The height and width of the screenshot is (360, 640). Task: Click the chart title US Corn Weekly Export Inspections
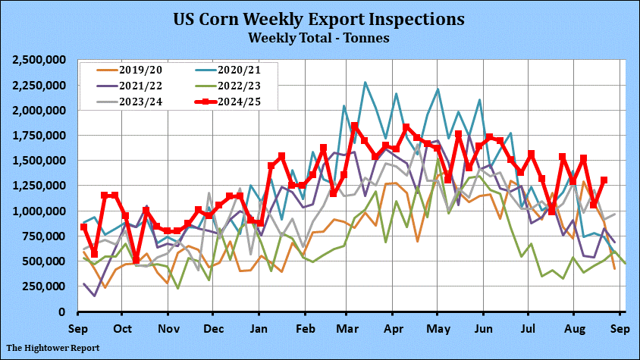point(319,18)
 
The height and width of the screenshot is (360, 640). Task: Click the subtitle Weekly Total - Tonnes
point(319,36)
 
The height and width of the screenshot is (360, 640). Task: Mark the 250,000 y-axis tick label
point(47,286)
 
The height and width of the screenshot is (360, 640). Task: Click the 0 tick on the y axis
point(67,311)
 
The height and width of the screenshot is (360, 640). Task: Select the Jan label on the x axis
point(259,329)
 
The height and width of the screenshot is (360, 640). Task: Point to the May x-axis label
point(438,329)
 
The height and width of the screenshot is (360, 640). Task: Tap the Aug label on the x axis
point(576,329)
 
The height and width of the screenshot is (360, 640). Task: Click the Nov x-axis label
point(168,329)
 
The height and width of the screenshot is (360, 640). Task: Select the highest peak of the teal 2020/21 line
point(365,83)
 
